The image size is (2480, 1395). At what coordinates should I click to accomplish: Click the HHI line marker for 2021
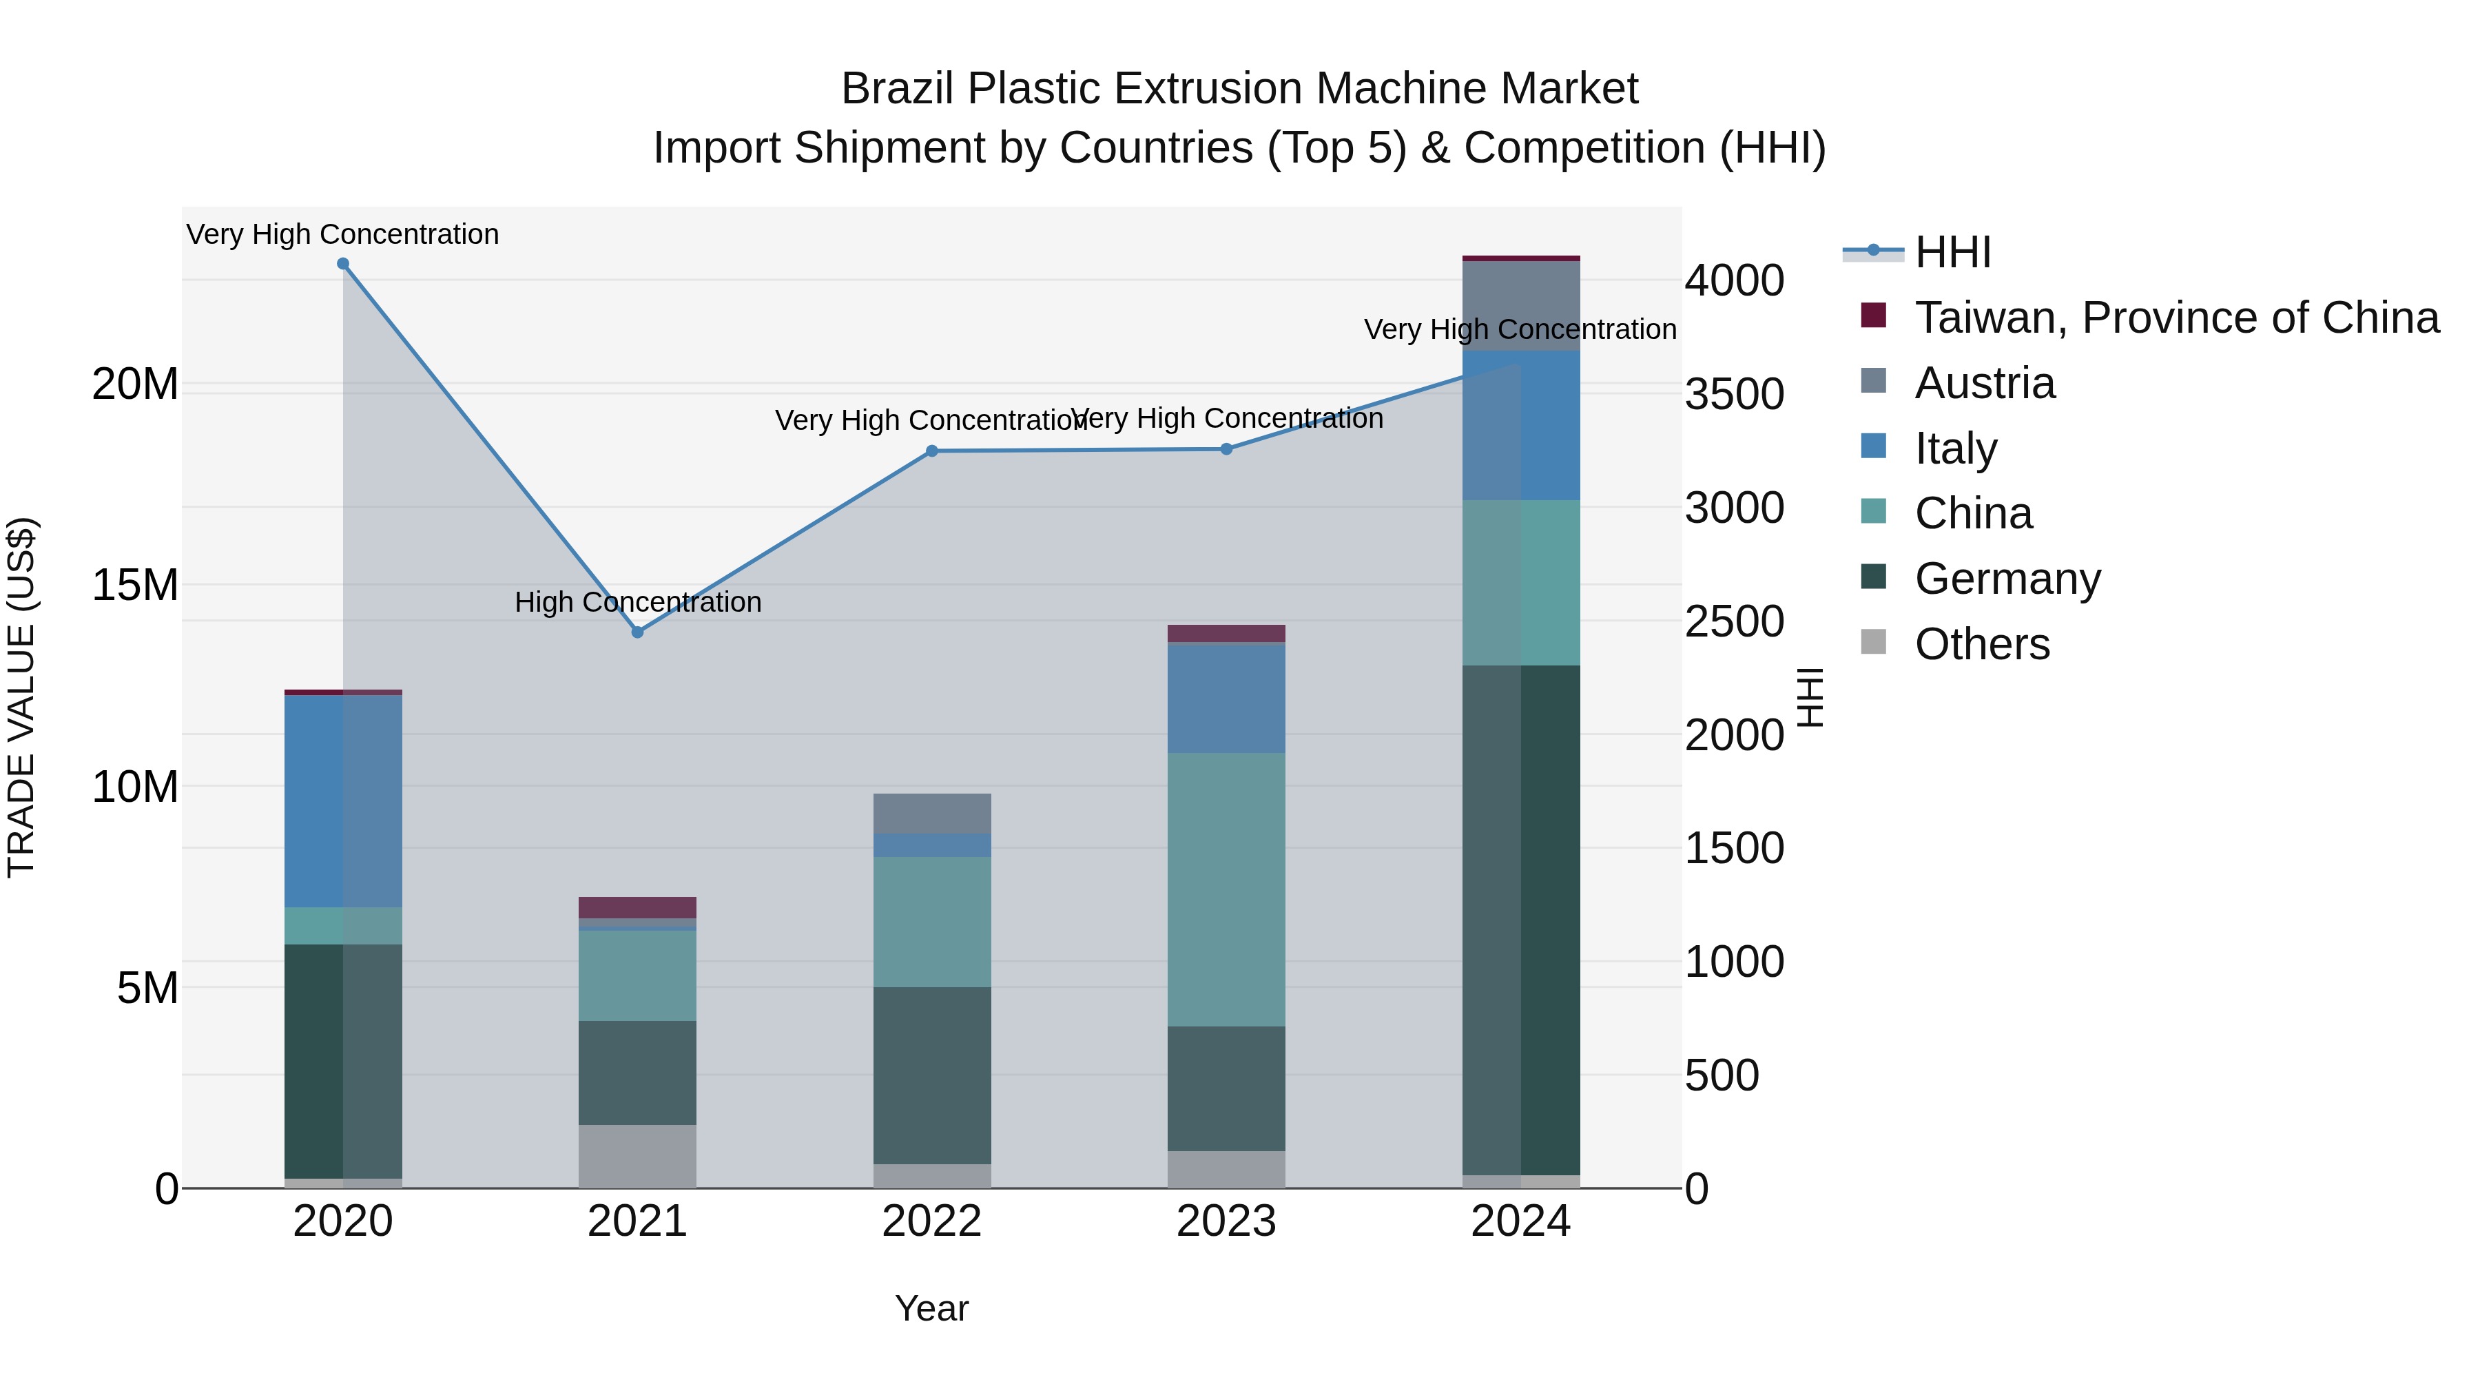637,632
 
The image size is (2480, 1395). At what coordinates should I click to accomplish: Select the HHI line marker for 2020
343,264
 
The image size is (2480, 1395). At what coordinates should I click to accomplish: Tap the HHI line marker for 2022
932,451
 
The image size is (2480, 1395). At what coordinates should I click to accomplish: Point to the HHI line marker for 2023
1226,448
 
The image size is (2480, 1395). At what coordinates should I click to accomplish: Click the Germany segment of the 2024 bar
1521,920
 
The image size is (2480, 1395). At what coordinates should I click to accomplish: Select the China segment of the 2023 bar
1226,889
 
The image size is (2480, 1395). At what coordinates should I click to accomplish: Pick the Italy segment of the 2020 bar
343,801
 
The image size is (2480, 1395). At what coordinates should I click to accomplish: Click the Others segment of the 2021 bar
637,1155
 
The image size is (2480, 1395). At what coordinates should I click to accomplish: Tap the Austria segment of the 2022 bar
932,814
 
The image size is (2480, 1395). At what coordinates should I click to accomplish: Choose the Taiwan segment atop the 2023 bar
1226,634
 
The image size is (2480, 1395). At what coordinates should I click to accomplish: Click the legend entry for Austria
1984,383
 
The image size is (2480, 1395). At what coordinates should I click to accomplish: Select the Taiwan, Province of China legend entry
2176,318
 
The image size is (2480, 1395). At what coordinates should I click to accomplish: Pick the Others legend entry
1981,644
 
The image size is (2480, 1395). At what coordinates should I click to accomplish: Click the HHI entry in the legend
1952,252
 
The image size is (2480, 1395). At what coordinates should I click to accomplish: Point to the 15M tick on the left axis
135,586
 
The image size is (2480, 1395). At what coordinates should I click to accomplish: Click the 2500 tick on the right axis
1734,622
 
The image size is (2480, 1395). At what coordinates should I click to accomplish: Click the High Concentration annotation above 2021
637,601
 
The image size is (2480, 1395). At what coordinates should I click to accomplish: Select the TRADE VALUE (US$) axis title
21,697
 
